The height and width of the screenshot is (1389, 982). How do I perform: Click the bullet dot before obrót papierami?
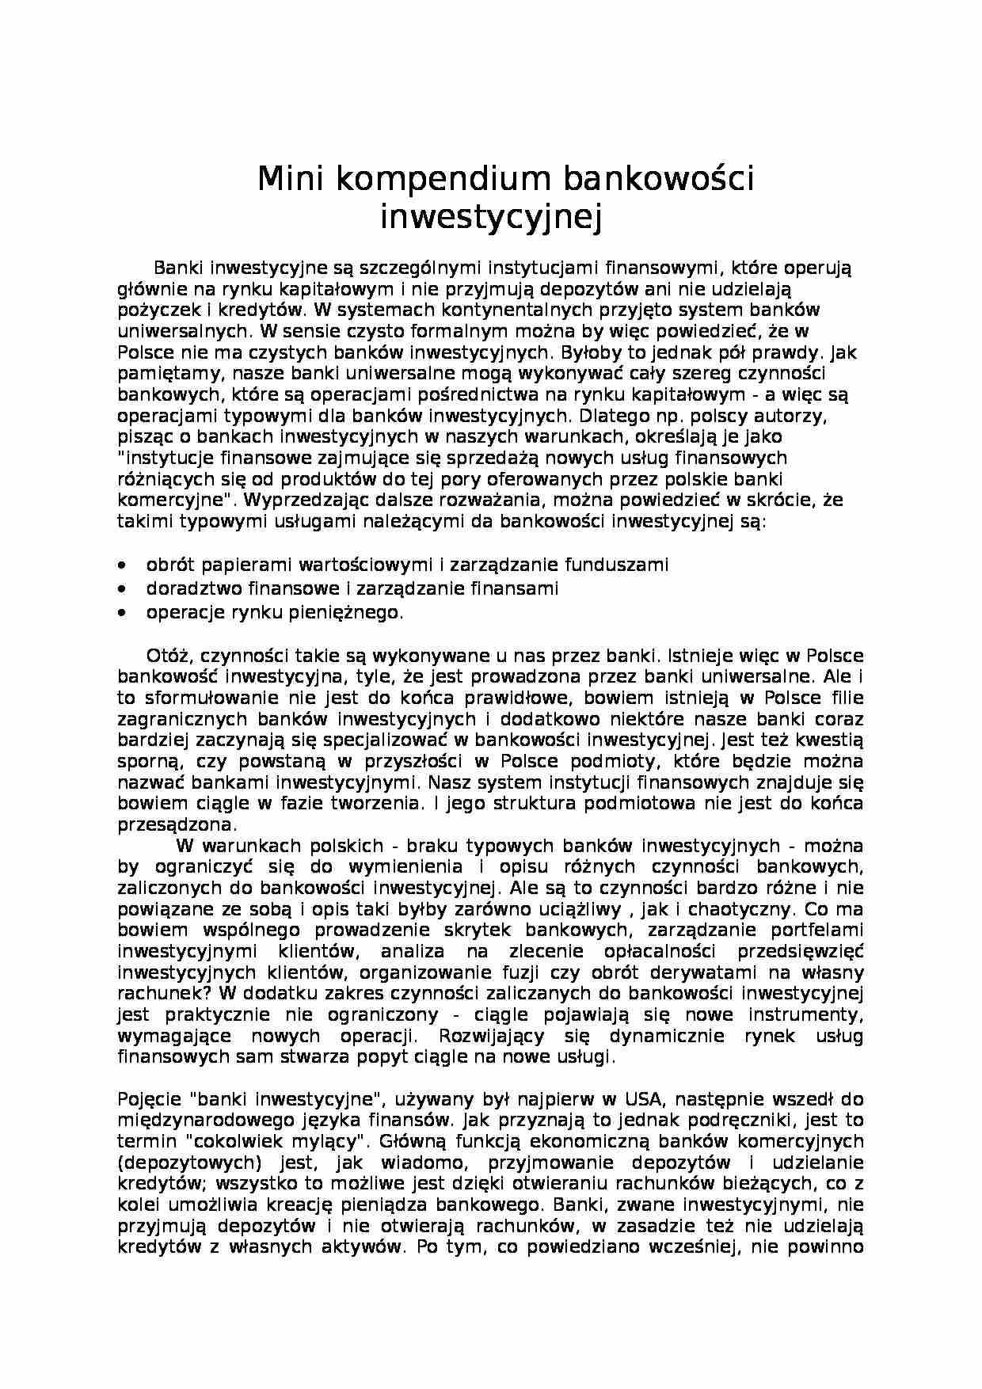(120, 565)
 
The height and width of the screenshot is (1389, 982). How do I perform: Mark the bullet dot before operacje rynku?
(120, 612)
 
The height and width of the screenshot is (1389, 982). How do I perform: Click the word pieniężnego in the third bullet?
(350, 612)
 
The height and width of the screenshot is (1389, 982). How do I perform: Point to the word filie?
(846, 698)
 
